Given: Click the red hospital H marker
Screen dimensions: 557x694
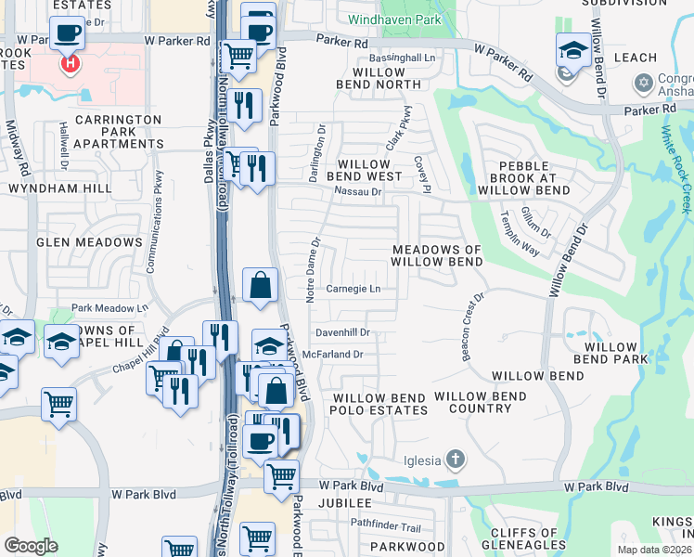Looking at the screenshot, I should pyautogui.click(x=68, y=64).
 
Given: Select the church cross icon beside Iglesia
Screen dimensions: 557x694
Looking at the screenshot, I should pyautogui.click(x=455, y=459).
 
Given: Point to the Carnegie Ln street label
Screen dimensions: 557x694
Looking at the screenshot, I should pyautogui.click(x=353, y=289).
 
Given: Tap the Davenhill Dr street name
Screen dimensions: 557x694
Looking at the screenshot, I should pyautogui.click(x=342, y=331).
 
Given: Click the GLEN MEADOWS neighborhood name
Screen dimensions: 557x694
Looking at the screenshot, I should pyautogui.click(x=89, y=242).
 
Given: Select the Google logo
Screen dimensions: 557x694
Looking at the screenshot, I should pyautogui.click(x=31, y=546).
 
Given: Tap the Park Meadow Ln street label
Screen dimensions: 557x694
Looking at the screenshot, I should pyautogui.click(x=109, y=308).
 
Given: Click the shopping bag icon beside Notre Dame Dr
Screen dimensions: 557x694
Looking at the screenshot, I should pyautogui.click(x=261, y=284).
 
